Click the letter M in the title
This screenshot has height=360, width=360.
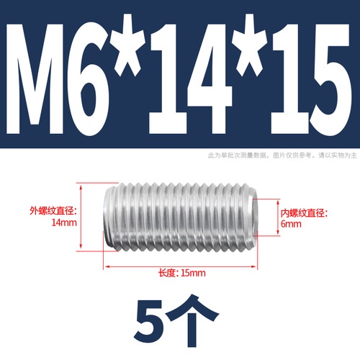35,78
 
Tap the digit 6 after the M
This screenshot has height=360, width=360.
88,79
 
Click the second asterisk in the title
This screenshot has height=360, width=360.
250,45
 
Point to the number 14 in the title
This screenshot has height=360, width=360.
190,78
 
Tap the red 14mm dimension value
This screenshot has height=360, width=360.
64,222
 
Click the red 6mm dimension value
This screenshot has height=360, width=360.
291,224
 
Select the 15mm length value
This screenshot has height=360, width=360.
193,273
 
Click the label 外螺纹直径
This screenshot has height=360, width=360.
52,211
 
